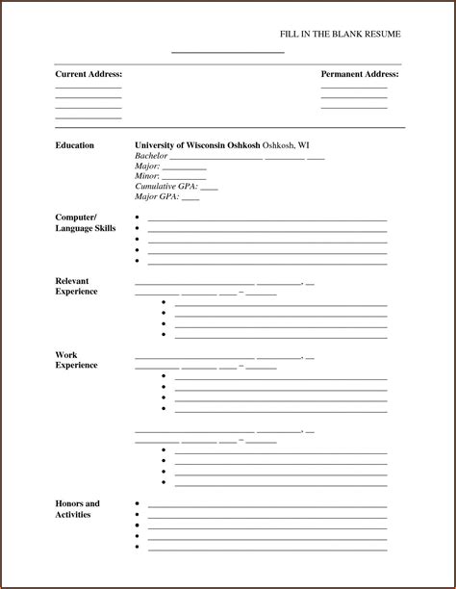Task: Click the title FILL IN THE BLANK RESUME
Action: [340, 34]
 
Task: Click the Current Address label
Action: [89, 74]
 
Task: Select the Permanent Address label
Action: [360, 74]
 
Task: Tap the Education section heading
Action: [75, 145]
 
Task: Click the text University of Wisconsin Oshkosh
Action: [197, 145]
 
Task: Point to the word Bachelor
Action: [151, 156]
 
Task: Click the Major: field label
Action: [147, 166]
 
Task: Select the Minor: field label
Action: [147, 177]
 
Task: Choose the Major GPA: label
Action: [156, 197]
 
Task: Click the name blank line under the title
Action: [228, 52]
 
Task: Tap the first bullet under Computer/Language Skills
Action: [138, 218]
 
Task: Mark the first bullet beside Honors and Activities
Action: [138, 503]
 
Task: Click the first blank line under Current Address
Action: [89, 88]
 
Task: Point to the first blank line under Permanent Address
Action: [354, 88]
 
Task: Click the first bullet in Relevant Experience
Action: [165, 302]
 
